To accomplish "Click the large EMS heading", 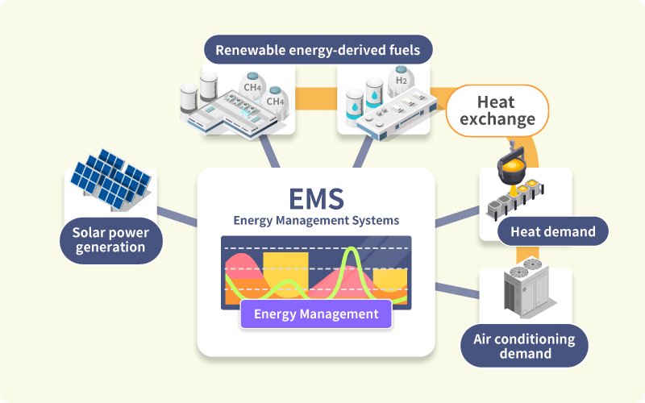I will (x=316, y=198).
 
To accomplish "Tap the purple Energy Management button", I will (x=316, y=314).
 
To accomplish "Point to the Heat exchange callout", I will (x=496, y=111).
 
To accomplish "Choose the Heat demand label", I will (x=552, y=232).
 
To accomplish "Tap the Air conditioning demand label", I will (x=524, y=346).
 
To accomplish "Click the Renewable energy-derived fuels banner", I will (x=318, y=51).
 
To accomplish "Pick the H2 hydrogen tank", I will (x=400, y=81).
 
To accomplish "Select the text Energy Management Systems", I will (x=316, y=220).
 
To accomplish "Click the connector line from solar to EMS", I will (x=177, y=216).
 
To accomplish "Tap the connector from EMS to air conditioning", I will (x=457, y=289).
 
